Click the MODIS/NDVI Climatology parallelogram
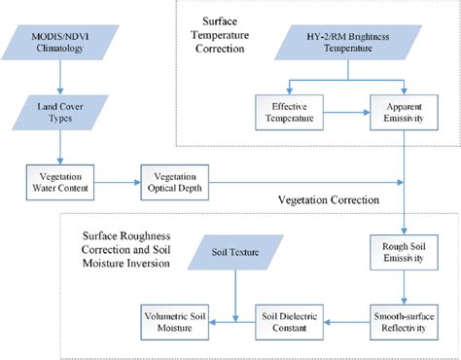coord(61,41)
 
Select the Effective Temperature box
coord(289,110)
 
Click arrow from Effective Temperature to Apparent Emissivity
coord(346,110)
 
